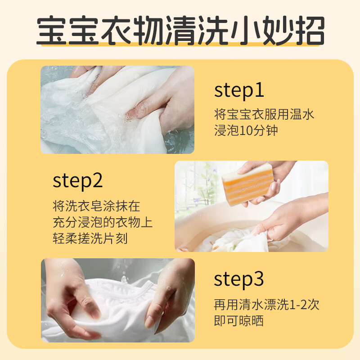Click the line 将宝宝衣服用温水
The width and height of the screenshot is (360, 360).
click(x=264, y=114)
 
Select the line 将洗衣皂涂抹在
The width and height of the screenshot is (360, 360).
click(x=96, y=206)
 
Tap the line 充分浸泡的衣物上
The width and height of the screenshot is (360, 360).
click(x=105, y=222)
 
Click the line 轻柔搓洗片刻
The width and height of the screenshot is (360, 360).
click(x=90, y=238)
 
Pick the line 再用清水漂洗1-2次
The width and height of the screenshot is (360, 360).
click(x=266, y=305)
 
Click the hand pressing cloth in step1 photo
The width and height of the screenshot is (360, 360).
click(x=166, y=103)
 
